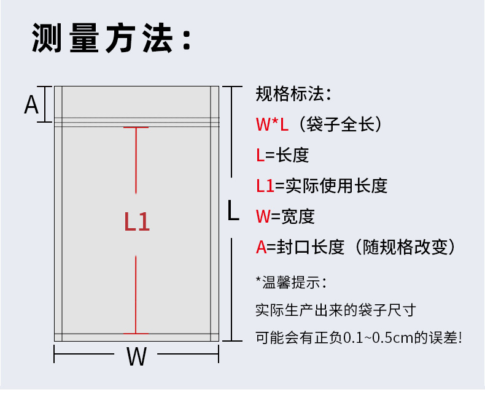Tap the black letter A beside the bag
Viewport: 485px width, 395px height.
tap(31, 105)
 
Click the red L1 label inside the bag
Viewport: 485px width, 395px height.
tap(137, 222)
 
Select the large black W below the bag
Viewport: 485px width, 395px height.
tap(136, 356)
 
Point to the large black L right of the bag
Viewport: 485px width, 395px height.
tap(233, 210)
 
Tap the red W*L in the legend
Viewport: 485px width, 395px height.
tap(272, 125)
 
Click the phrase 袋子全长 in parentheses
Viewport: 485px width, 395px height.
tap(340, 125)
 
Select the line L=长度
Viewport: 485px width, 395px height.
tap(282, 155)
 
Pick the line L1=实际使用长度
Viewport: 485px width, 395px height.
tap(322, 185)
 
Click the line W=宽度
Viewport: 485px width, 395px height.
tap(285, 216)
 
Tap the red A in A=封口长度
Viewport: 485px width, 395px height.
tap(262, 247)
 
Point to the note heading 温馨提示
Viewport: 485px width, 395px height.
tap(293, 282)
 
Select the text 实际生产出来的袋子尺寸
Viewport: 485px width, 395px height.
tap(335, 310)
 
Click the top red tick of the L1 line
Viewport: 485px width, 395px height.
tap(136, 128)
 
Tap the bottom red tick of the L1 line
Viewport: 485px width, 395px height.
tap(136, 334)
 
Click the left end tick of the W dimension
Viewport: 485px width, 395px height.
tap(55, 355)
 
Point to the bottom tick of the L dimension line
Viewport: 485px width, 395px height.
tap(231, 340)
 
